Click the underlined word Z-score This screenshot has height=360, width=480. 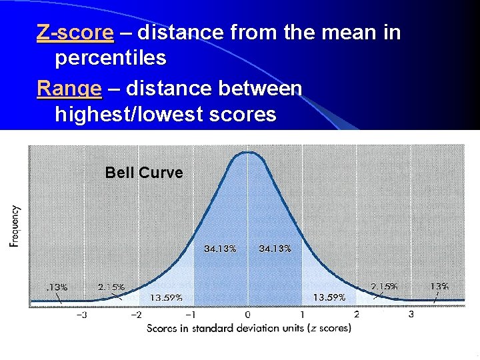click(x=75, y=33)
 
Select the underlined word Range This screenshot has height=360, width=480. click(x=69, y=88)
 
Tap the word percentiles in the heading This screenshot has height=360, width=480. click(x=110, y=59)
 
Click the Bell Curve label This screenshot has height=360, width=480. click(x=143, y=173)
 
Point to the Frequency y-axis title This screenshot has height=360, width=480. click(x=15, y=226)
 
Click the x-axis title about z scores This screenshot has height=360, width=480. click(x=249, y=328)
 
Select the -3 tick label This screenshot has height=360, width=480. click(x=81, y=315)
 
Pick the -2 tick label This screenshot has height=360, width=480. click(x=136, y=315)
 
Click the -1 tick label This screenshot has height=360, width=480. click(x=191, y=315)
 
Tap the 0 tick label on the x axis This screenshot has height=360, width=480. click(x=248, y=315)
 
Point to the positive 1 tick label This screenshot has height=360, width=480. click(x=302, y=315)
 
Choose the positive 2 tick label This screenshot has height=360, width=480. click(x=357, y=314)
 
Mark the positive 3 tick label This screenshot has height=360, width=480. click(x=411, y=314)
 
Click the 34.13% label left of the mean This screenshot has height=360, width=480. click(x=219, y=249)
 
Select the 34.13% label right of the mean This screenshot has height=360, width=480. click(x=275, y=249)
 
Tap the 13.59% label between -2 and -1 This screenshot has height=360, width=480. click(x=166, y=297)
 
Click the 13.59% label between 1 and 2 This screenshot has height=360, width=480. click(x=329, y=297)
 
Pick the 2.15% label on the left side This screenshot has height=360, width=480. click(x=111, y=287)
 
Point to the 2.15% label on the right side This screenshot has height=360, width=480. click(x=385, y=286)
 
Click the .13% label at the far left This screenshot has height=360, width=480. click(x=57, y=287)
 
